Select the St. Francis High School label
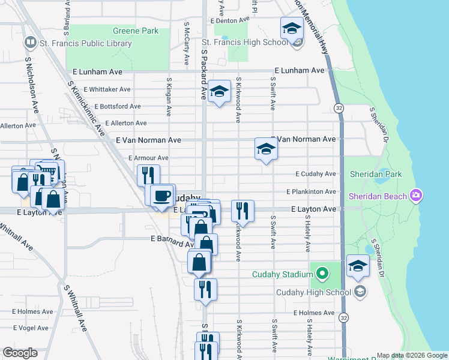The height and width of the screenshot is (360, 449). (x=244, y=43)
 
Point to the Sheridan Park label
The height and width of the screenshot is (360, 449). (x=378, y=175)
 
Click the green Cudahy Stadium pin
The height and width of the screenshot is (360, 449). (x=322, y=274)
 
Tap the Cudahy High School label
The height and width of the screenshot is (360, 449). (x=313, y=293)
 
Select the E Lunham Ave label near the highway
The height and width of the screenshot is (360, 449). (x=300, y=71)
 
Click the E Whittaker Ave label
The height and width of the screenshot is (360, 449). (x=107, y=89)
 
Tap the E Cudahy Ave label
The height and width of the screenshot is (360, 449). (x=315, y=174)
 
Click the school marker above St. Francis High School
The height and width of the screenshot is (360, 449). (x=292, y=28)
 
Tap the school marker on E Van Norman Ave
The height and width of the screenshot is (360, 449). (x=265, y=149)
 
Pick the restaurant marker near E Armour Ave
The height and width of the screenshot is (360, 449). (x=148, y=175)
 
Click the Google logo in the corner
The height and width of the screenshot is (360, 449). (x=20, y=353)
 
